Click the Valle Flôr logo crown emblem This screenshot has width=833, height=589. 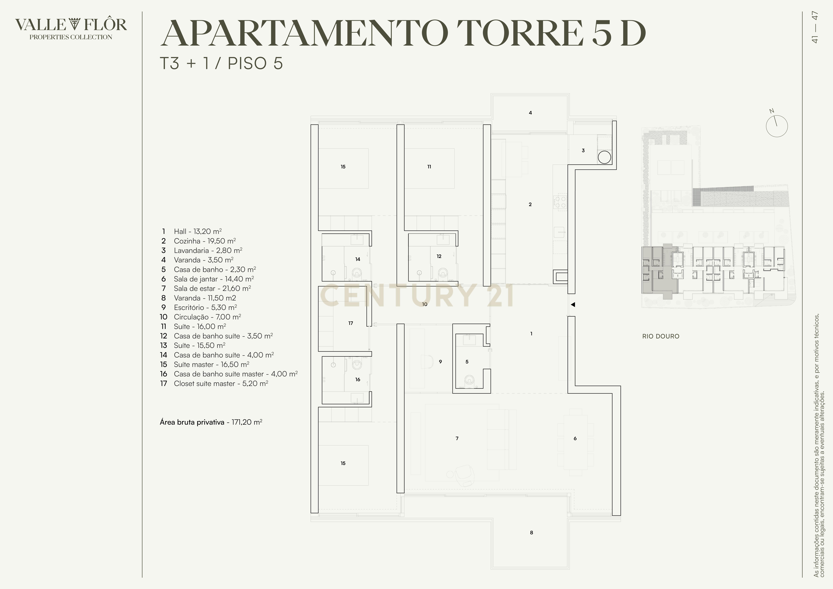tap(74, 24)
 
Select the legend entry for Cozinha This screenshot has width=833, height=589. tap(205, 241)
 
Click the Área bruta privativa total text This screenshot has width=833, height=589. tap(211, 422)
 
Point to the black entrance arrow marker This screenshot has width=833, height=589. tap(573, 305)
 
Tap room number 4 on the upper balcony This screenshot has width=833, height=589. tap(530, 113)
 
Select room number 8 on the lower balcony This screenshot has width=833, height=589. tap(532, 533)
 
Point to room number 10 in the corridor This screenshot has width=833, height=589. tap(425, 304)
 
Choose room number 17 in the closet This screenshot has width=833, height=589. tap(350, 323)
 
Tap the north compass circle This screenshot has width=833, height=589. tap(777, 126)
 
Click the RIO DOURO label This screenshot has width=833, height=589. tap(661, 336)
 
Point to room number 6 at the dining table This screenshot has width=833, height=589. tap(575, 438)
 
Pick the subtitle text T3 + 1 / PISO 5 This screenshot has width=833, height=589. tap(221, 63)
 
